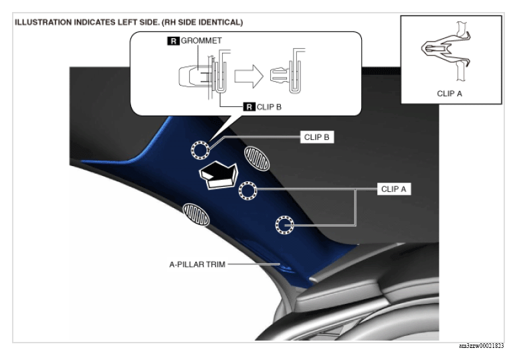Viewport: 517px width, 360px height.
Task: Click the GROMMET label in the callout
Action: point(201,41)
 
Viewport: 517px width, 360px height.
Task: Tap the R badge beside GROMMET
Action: point(173,41)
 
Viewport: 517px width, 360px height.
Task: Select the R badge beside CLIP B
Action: point(249,107)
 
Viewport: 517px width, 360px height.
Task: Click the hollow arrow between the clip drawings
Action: point(249,76)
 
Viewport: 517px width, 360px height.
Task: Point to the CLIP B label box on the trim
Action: point(317,137)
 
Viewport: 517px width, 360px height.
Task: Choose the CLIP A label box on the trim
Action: point(394,189)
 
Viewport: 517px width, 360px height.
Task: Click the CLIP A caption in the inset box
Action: point(449,94)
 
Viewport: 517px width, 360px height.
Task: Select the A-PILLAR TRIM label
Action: point(197,264)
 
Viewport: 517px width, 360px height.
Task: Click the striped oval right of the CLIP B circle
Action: point(257,159)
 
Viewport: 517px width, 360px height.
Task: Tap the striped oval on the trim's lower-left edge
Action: point(196,215)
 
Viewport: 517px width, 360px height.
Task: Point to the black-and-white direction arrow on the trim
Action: point(219,175)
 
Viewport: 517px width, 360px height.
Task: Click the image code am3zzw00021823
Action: point(482,346)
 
